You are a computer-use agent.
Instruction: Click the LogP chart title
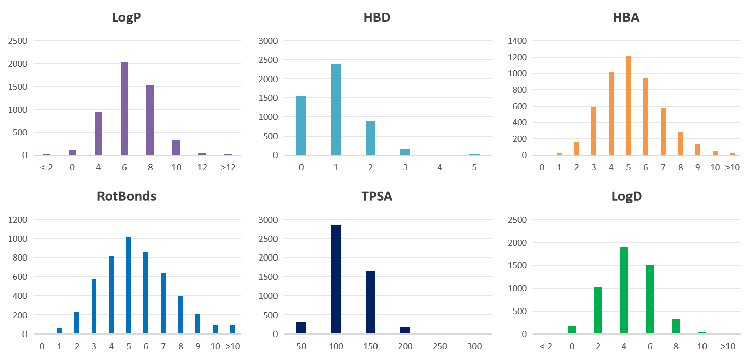127,18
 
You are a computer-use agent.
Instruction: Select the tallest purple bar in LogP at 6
124,109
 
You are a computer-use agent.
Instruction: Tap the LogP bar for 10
176,147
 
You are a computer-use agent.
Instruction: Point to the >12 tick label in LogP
228,167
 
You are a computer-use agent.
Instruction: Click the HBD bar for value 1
336,109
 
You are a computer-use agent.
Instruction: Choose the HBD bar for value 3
405,152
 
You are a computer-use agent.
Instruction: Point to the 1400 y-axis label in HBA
519,41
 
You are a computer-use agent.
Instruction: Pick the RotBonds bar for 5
129,285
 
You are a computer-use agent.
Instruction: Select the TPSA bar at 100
336,279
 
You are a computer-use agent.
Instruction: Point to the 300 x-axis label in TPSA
474,347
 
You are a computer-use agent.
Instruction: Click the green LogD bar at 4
624,290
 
